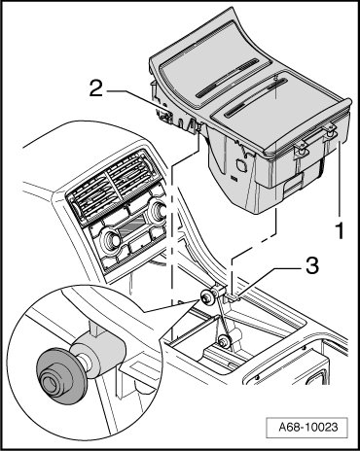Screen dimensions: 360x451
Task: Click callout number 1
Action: pos(340,228)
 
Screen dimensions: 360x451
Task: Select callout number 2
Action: pos(96,88)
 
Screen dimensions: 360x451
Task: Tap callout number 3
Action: pos(311,266)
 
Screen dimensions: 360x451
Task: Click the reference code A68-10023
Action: pos(307,427)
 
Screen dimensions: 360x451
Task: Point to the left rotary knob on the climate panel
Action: pos(112,240)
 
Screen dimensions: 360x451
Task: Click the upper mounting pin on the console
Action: pos(207,296)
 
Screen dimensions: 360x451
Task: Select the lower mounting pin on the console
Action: pos(223,341)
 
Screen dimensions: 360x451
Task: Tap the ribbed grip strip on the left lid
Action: pos(227,79)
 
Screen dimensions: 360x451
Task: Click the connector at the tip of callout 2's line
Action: pos(164,114)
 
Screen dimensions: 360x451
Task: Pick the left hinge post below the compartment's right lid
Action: pos(300,152)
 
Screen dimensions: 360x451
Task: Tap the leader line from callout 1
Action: pos(340,178)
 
